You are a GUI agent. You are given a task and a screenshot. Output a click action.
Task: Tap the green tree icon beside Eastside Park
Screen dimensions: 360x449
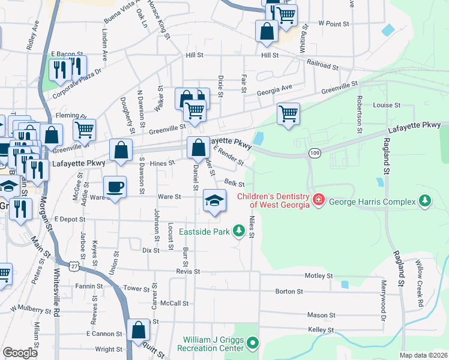240,230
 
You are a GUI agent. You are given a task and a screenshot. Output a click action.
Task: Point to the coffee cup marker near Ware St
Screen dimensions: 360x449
115,187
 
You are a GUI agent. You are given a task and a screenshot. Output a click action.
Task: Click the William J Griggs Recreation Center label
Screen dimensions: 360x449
211,343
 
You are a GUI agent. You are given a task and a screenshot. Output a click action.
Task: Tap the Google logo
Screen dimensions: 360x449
20,353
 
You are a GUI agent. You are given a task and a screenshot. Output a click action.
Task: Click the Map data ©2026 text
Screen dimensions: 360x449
424,355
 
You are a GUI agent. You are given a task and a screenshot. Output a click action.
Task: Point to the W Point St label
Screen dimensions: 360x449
334,23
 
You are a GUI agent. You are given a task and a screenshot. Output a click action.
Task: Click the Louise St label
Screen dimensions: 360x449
387,105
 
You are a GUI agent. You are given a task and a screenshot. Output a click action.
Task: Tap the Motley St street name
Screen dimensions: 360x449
319,276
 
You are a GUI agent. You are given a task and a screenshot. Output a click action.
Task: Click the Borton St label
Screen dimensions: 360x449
289,292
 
